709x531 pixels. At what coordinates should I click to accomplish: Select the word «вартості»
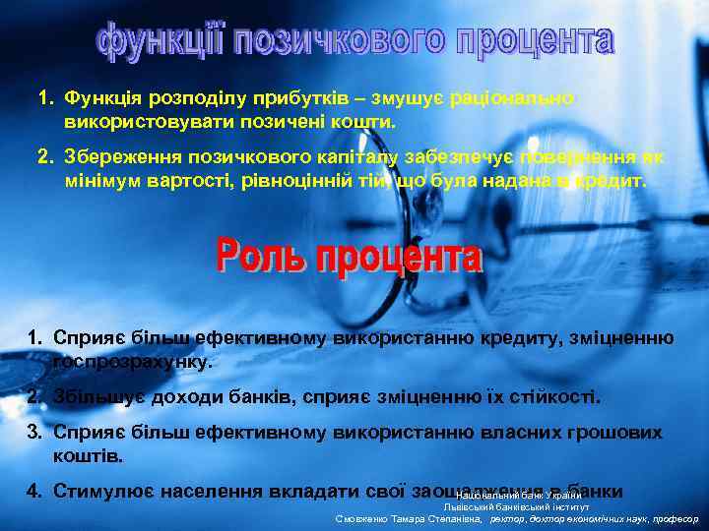click(185, 182)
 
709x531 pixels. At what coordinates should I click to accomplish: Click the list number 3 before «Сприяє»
click(32, 433)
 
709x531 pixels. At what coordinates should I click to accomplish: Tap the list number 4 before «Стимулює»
click(33, 490)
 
